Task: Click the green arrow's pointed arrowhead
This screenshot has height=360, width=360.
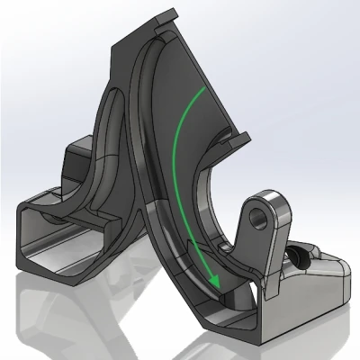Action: [217, 286]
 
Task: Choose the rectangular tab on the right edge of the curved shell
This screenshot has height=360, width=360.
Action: [239, 138]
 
